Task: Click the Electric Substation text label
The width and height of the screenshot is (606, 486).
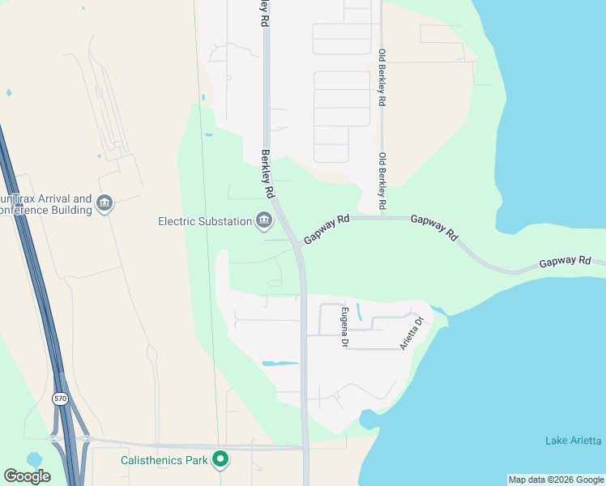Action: coord(205,220)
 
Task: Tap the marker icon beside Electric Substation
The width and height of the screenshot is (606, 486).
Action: coord(264,220)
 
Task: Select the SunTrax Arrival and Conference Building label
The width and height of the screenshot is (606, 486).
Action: coord(45,204)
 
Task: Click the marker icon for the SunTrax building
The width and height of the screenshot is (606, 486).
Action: coord(105,203)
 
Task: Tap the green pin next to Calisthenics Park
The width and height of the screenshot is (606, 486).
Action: coord(220,459)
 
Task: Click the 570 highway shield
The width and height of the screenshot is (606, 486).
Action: coord(59,399)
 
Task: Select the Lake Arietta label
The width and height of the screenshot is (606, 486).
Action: coord(573,440)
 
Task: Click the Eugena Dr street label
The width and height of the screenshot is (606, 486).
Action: coord(344,327)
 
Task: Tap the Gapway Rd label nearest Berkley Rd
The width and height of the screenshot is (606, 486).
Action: coord(326,230)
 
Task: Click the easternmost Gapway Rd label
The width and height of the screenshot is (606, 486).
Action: coord(565,261)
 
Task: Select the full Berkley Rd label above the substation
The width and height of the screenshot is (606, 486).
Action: coord(267,173)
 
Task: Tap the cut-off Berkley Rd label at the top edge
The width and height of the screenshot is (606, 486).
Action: coord(264,15)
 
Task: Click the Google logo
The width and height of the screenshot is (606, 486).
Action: coord(27,476)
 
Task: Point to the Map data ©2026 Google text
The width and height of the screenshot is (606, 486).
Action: coord(556,480)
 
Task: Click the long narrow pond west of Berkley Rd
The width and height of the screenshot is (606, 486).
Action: coord(280,364)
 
